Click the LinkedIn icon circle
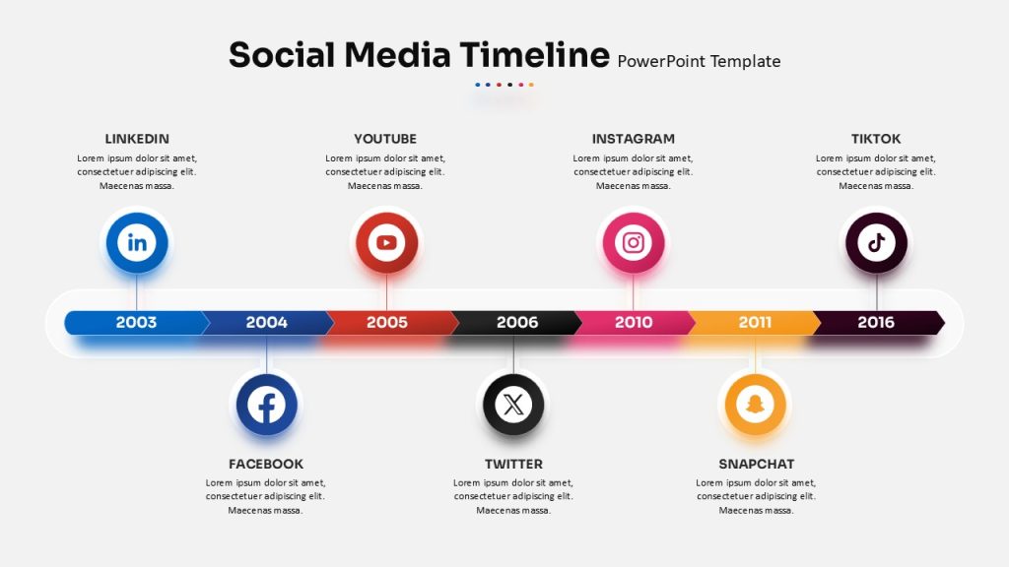(136, 243)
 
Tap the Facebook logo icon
(266, 405)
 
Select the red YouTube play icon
(386, 243)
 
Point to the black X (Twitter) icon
(513, 405)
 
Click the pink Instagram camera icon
(634, 243)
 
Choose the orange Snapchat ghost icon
(755, 405)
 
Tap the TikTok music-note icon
(876, 243)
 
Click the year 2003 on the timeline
(136, 322)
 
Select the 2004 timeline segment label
(266, 322)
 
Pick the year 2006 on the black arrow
(517, 322)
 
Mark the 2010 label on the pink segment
(634, 322)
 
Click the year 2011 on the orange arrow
(755, 322)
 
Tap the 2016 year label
(876, 322)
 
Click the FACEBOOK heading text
(266, 464)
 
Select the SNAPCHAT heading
(756, 464)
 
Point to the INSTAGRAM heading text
(634, 139)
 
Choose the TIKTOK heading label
(876, 139)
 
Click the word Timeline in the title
(534, 54)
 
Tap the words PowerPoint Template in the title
(699, 61)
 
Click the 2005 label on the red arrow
(386, 322)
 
